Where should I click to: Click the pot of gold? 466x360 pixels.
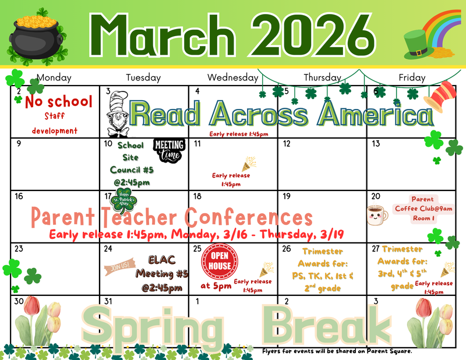click(x=37, y=37)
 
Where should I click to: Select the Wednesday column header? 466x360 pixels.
click(x=232, y=77)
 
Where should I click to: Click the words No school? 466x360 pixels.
click(x=58, y=102)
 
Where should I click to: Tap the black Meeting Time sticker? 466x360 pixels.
click(x=168, y=151)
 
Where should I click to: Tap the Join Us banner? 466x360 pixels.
click(x=116, y=267)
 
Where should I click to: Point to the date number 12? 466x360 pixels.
click(x=286, y=144)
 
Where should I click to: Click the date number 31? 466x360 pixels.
click(x=108, y=301)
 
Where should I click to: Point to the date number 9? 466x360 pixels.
click(x=19, y=144)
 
